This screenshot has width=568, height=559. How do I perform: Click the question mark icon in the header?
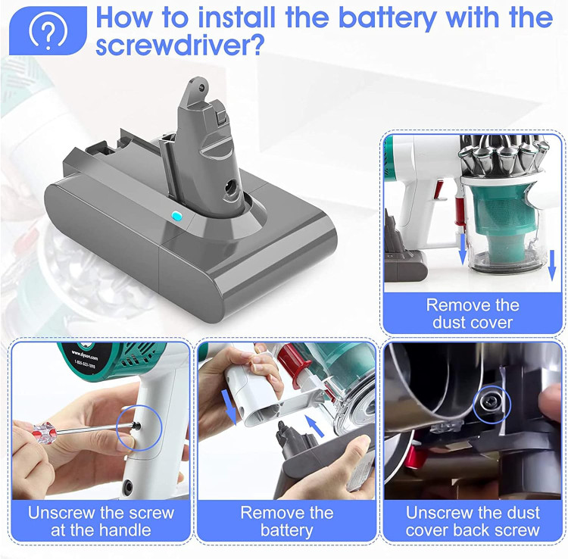tap(48, 31)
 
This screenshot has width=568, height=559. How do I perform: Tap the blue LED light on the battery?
tap(176, 217)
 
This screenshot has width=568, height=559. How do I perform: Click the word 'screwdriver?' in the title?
tap(179, 45)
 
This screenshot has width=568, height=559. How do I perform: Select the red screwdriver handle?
tap(43, 433)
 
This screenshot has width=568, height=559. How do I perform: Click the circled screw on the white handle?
tap(136, 426)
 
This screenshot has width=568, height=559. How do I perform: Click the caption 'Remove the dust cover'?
tap(473, 314)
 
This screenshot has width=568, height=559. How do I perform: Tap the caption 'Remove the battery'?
tap(286, 521)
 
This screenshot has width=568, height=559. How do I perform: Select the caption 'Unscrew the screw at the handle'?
tap(101, 521)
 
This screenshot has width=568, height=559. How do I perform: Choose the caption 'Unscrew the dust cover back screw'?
tap(473, 521)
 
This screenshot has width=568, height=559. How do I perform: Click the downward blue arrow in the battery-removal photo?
tap(229, 408)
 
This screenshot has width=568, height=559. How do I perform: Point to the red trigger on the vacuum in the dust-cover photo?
tap(439, 189)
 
